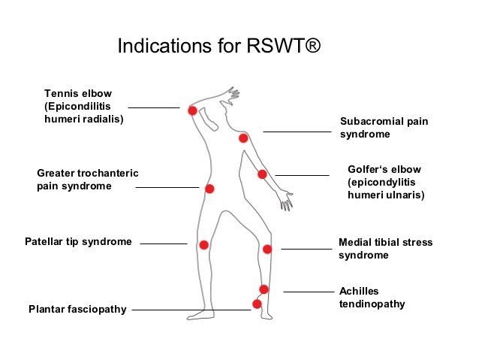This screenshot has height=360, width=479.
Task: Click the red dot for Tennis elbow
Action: (x=192, y=110)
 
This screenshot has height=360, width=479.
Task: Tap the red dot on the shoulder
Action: (x=243, y=138)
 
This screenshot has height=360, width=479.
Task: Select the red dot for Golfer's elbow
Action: (x=262, y=174)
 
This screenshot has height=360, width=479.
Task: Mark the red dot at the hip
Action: (x=209, y=189)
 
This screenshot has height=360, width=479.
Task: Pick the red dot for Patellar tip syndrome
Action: (x=203, y=244)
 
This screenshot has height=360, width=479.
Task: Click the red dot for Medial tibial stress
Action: (x=267, y=249)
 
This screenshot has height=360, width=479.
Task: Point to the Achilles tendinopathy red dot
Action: (x=264, y=289)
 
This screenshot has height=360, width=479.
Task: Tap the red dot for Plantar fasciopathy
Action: (x=257, y=304)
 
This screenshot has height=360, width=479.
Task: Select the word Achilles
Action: (x=359, y=291)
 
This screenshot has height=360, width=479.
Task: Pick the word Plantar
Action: (x=47, y=309)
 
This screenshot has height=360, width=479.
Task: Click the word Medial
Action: (x=356, y=242)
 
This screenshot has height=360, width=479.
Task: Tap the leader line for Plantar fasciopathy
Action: (x=191, y=309)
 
